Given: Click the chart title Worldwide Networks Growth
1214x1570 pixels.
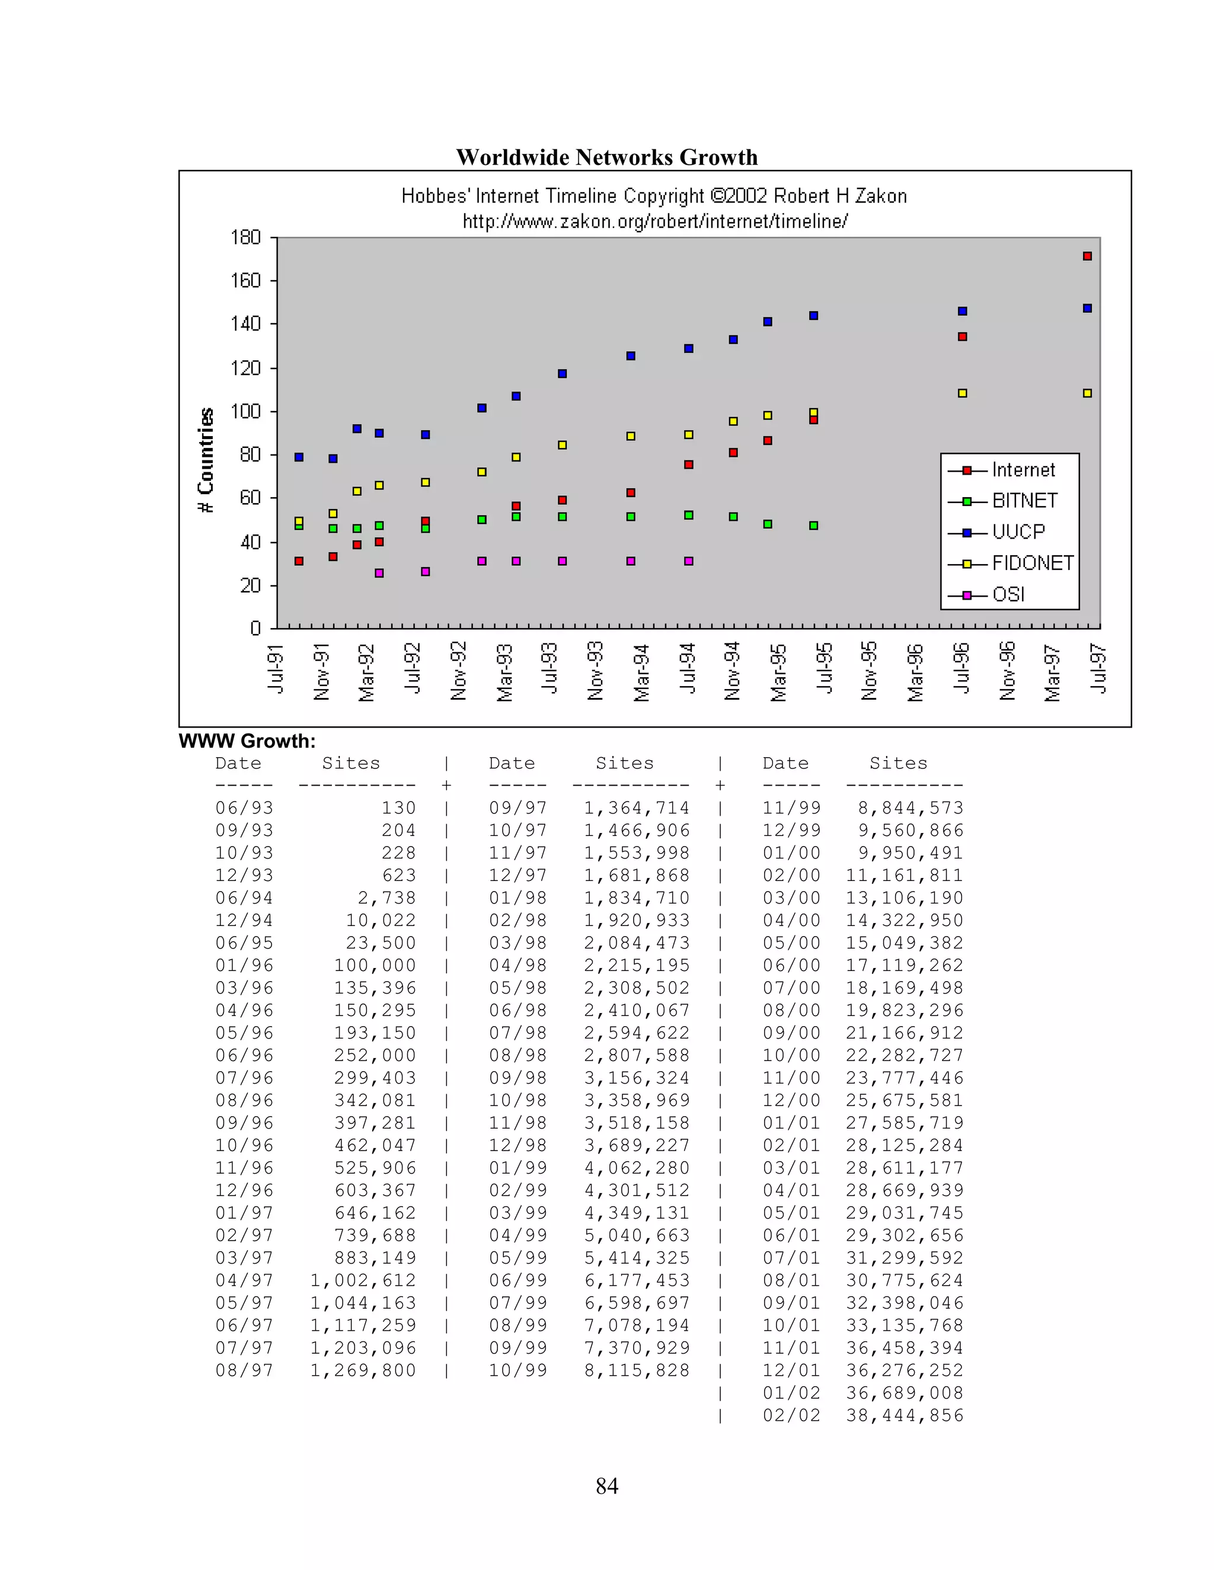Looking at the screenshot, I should point(606,158).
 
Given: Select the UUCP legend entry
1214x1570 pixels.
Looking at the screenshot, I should point(1017,532).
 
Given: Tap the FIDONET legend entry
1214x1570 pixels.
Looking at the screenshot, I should point(1031,563).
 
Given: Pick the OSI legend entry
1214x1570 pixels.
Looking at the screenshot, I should point(1008,594).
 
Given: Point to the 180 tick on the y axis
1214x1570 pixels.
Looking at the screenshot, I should point(245,237).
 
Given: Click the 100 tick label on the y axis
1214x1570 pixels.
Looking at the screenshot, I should point(245,411).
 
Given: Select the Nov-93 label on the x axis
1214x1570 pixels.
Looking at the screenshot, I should point(596,670).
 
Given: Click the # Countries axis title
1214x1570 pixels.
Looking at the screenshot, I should point(206,460).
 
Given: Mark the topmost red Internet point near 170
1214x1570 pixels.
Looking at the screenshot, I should point(1087,256).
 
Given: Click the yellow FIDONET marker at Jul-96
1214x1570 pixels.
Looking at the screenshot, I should point(962,393).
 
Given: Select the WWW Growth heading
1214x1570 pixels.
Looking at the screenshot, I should point(247,741).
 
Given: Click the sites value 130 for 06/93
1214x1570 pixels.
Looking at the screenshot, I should point(398,808).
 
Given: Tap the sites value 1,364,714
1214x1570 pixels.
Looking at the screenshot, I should point(637,808).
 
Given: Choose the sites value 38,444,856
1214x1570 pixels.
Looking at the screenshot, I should point(904,1415).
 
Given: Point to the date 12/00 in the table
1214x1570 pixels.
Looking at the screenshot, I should point(791,1101).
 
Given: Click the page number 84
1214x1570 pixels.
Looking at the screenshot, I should point(607,1486).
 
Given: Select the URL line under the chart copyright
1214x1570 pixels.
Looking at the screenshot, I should point(654,221).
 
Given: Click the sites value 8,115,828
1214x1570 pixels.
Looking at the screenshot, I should point(637,1370).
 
